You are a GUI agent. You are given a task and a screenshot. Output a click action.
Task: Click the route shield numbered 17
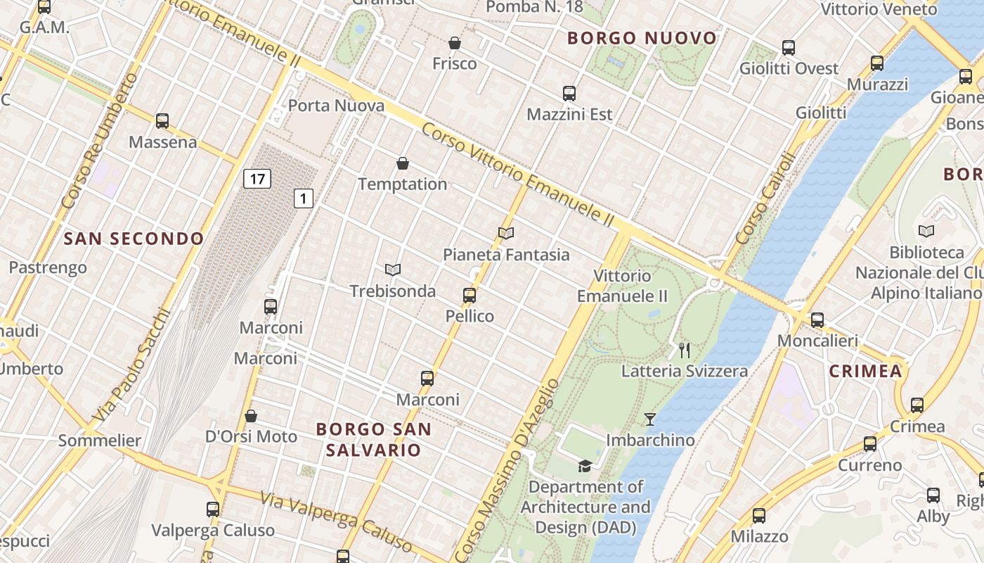[257, 179]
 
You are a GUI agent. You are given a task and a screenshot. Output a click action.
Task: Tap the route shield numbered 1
[303, 198]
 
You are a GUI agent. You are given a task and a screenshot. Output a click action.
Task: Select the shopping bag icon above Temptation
[403, 163]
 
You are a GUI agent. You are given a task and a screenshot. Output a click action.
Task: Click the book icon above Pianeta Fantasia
[505, 233]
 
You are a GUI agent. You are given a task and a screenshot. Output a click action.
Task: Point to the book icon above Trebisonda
[393, 270]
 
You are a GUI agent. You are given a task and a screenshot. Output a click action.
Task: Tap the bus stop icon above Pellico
[470, 296]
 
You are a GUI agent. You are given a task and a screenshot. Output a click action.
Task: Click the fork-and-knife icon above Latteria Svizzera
[685, 350]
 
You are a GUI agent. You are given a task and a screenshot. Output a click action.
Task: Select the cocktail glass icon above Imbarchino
[650, 419]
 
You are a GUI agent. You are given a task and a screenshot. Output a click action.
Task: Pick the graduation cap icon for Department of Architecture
[585, 466]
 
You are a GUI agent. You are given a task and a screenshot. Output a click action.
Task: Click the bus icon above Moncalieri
[817, 320]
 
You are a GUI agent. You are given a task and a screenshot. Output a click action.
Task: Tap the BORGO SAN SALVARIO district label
[373, 439]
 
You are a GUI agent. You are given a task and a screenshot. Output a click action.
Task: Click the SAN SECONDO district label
[134, 239]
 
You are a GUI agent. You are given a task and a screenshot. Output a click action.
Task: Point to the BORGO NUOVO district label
[642, 38]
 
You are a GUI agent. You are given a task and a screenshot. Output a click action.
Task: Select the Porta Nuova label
[337, 106]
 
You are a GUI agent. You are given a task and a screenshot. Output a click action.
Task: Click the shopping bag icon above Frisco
[455, 43]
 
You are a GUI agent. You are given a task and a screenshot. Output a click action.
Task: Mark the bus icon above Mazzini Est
[569, 93]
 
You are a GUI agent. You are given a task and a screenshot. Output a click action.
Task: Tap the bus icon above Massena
[162, 121]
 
